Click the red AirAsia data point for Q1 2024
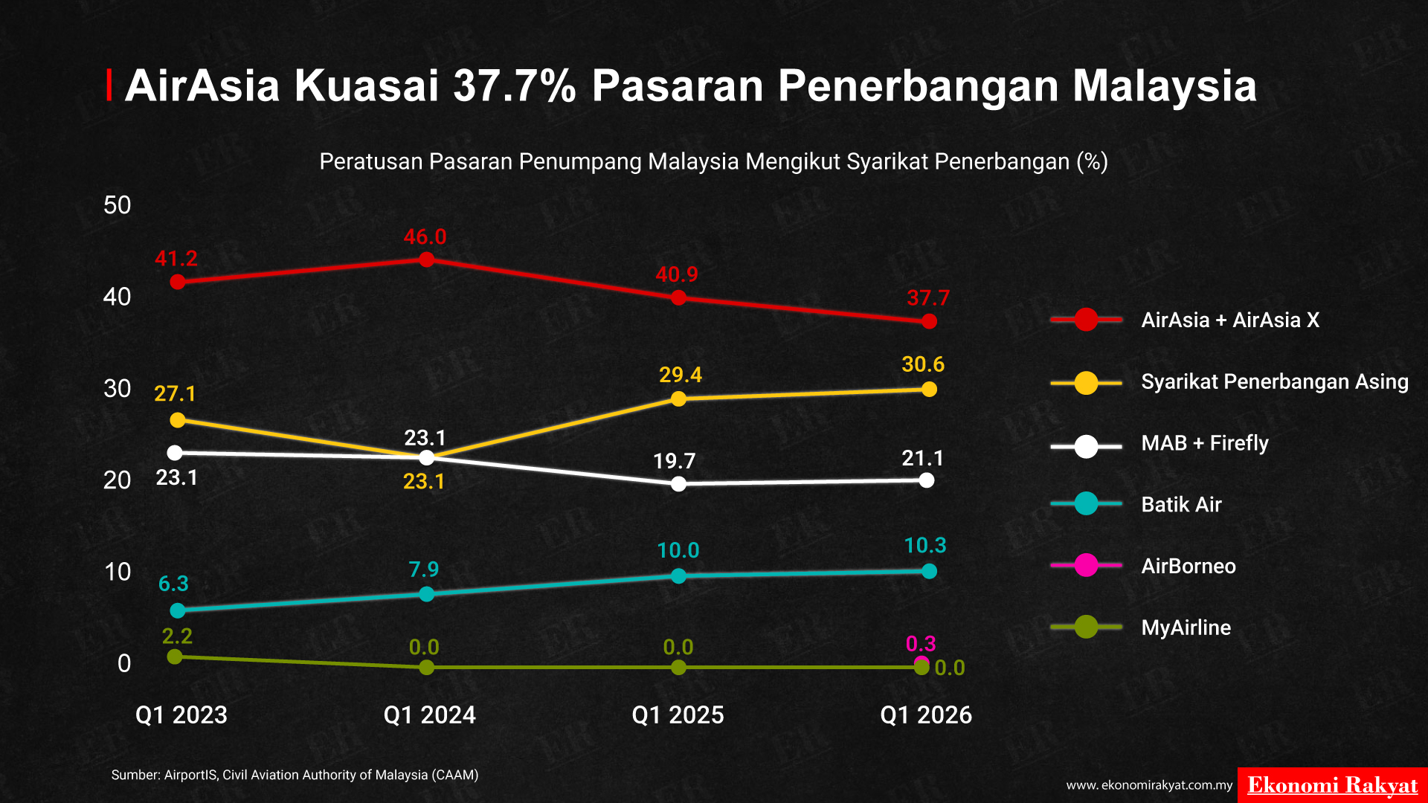426,259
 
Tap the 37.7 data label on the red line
928,298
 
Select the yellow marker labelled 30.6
929,389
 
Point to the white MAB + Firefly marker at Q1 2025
678,484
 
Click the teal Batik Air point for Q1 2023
178,610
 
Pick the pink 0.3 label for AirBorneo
921,643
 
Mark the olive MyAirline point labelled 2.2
175,657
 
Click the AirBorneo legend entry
1143,566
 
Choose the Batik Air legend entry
1136,504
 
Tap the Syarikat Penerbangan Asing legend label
1275,381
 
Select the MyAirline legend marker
1087,627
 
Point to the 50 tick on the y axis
118,205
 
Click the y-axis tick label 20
118,480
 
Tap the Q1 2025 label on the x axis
678,715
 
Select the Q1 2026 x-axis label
926,715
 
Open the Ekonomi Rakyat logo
1333,785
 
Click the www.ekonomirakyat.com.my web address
1150,785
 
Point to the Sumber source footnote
295,775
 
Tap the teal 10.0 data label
678,550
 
